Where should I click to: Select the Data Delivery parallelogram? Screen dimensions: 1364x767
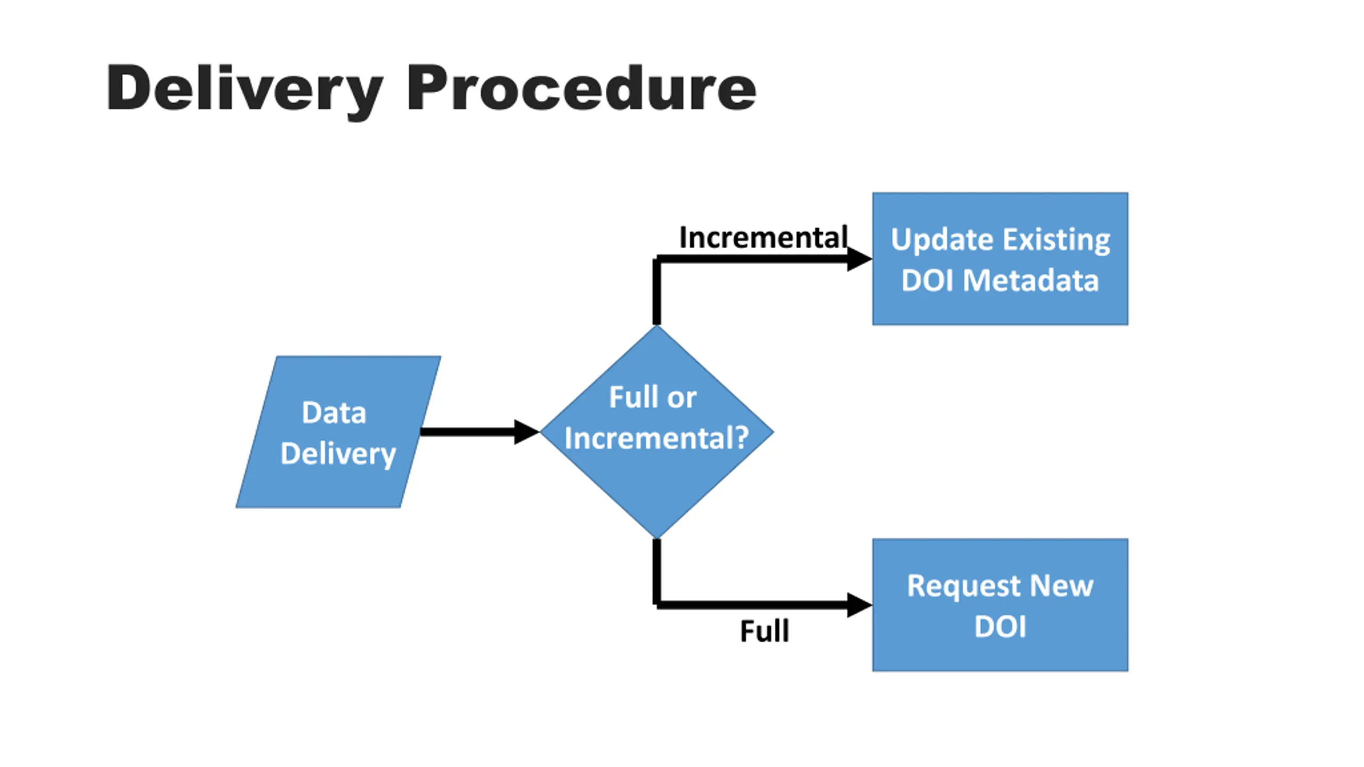pos(338,432)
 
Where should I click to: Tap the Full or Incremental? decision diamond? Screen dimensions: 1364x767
pos(657,432)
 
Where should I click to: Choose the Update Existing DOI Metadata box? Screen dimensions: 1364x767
pos(1000,259)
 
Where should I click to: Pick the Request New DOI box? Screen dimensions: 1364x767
pos(1000,605)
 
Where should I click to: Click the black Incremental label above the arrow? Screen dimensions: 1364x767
pos(763,238)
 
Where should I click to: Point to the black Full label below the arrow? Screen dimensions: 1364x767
pos(765,632)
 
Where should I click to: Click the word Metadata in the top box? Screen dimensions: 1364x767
pos(1031,281)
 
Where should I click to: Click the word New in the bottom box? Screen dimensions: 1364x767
pos(1062,586)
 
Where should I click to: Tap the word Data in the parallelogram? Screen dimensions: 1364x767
pos(334,413)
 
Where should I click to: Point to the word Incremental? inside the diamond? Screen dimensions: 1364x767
pos(657,438)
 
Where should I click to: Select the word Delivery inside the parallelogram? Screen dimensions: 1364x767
pos(338,455)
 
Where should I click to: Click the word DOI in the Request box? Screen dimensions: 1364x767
pos(1000,627)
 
